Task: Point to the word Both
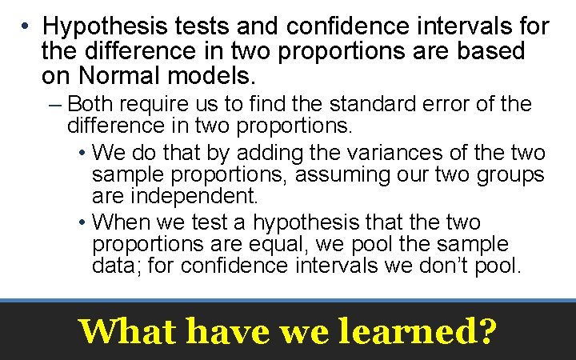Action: pyautogui.click(x=90, y=104)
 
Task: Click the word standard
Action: pyautogui.click(x=382, y=104)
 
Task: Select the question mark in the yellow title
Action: pyautogui.click(x=486, y=330)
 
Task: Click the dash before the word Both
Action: pyautogui.click(x=58, y=104)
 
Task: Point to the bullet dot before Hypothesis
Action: pyautogui.click(x=27, y=26)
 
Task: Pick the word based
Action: pyautogui.click(x=490, y=51)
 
